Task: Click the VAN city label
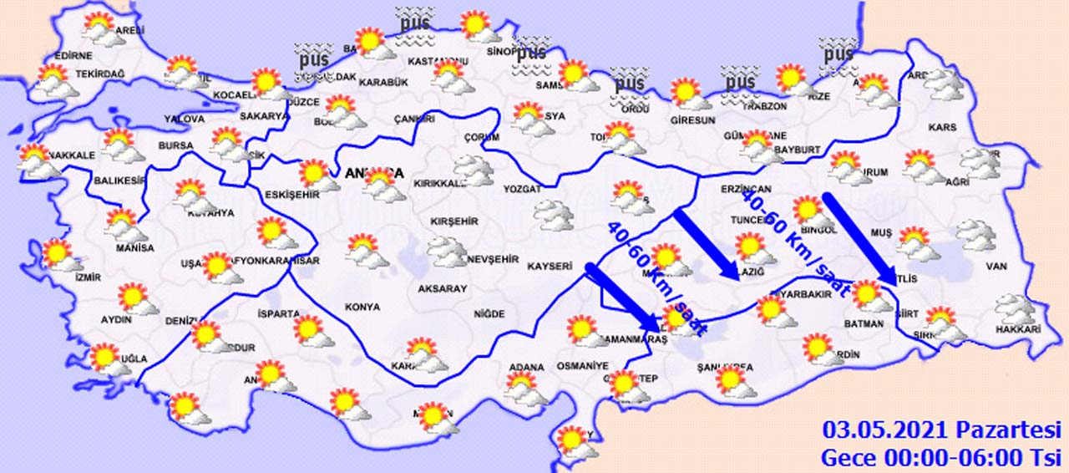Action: click(x=997, y=267)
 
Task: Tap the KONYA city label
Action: click(x=362, y=307)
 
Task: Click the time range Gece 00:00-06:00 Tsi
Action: click(x=941, y=457)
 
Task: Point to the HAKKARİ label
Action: click(x=1018, y=330)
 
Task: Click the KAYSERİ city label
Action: click(x=548, y=267)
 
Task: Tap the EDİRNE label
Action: click(x=72, y=55)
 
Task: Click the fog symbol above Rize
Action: click(x=836, y=53)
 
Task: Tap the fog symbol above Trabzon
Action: click(x=739, y=82)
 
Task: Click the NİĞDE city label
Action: click(x=489, y=313)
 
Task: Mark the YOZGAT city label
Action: click(x=523, y=190)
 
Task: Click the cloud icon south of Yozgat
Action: click(x=555, y=216)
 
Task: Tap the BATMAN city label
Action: click(x=864, y=323)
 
